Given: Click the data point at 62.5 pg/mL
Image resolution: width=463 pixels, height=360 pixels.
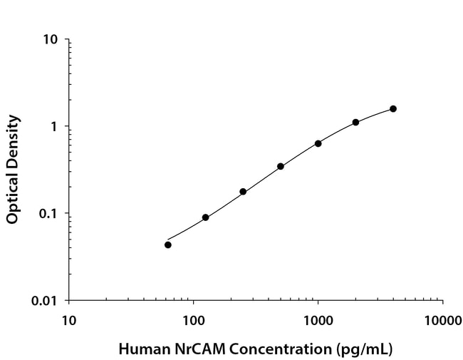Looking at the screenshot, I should coord(168,245).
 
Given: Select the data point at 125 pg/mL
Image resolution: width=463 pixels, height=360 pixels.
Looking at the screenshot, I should coord(205,217).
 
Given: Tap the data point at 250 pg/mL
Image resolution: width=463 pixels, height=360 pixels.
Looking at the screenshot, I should coord(243,192).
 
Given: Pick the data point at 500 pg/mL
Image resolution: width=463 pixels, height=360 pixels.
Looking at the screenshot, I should coord(281,166).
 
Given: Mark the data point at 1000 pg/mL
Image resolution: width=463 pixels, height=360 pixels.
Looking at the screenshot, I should coord(318,143).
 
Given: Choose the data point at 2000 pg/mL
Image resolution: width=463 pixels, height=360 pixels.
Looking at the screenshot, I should coord(355,122).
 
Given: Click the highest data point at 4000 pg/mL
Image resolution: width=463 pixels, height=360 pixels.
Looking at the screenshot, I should coord(393,108).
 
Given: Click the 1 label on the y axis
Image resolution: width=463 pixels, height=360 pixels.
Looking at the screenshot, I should coord(55,127).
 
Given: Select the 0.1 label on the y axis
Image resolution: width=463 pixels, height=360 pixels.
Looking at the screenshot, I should coord(49,214).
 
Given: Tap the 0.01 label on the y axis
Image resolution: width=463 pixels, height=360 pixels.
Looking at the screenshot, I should coord(46,301).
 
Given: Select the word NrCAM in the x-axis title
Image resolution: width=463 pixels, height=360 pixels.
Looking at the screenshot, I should coord(183,349).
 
